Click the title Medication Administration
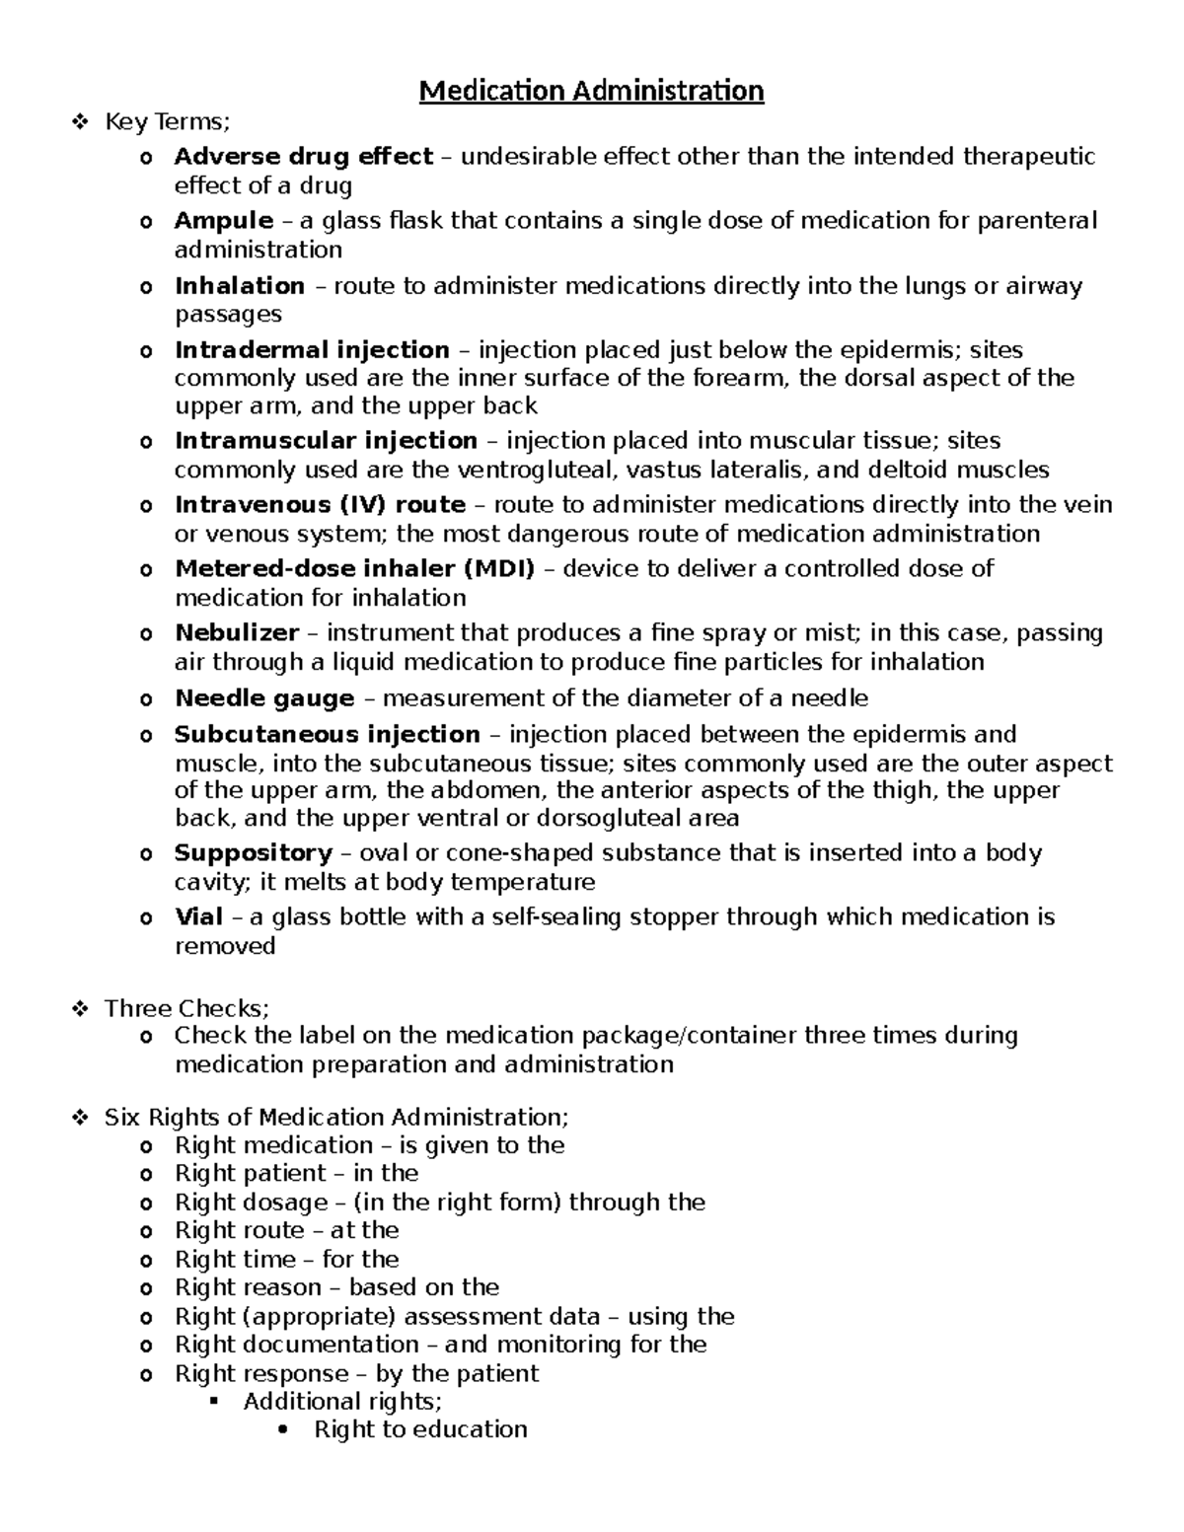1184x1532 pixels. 591,92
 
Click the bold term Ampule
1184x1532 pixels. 224,221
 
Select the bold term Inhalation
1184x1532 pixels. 240,286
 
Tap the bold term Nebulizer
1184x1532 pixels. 237,632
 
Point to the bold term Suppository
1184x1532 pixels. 254,852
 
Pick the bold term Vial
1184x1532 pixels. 198,917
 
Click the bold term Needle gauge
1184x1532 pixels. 264,698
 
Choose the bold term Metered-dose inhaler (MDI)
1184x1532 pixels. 354,568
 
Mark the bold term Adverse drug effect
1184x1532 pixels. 304,157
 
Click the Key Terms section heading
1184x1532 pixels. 167,122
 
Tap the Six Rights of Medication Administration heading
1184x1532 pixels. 336,1117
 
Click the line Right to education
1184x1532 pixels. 420,1429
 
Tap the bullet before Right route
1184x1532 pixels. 147,1231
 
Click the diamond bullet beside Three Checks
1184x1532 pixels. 80,1008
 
